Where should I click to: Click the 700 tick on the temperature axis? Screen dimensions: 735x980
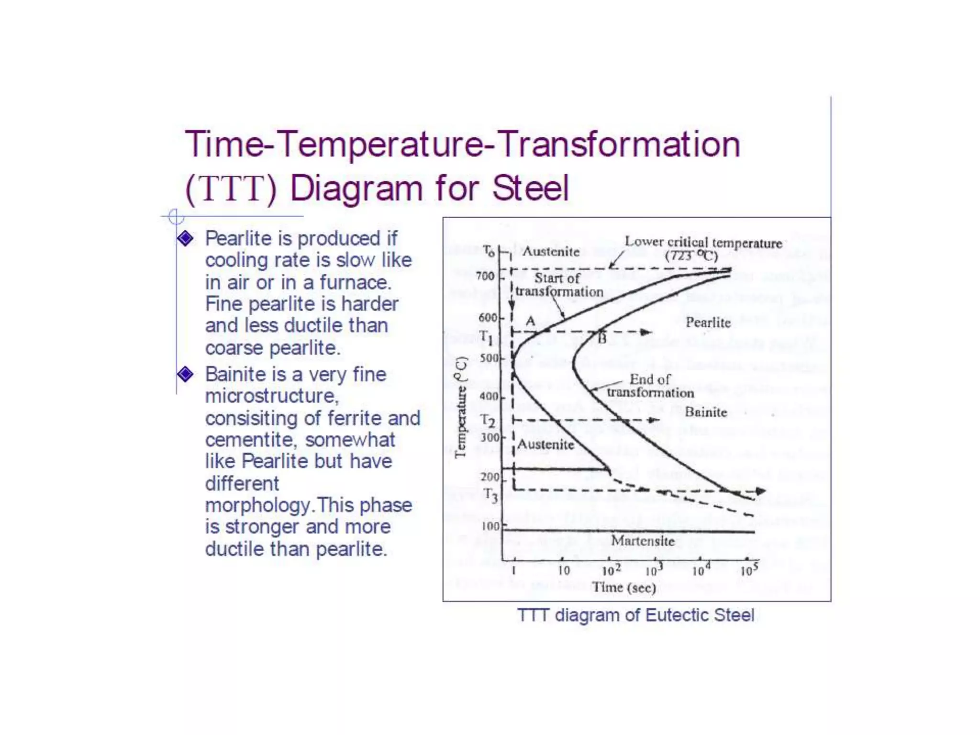[x=485, y=276]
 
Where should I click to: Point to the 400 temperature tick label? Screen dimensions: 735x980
[x=489, y=396]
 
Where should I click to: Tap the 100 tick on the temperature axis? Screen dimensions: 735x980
[x=490, y=526]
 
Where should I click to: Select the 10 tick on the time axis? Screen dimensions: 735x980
[x=564, y=570]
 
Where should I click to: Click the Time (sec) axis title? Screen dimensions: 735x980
[x=624, y=587]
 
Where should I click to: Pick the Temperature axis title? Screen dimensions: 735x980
[x=460, y=407]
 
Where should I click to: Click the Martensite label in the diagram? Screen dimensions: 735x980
[x=643, y=541]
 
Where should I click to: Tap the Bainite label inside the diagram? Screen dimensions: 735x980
[x=706, y=412]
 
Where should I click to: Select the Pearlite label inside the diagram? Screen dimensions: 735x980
[x=708, y=323]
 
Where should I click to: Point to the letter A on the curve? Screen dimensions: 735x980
[x=530, y=321]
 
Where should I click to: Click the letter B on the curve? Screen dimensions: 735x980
[x=602, y=339]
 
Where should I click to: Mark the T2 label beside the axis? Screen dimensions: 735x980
[x=488, y=421]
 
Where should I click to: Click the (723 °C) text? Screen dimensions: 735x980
[x=691, y=256]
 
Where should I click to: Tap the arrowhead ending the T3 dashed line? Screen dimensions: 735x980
[x=761, y=491]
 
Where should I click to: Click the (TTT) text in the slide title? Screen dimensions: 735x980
[x=231, y=188]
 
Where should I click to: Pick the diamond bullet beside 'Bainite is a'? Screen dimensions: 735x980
[x=185, y=374]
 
